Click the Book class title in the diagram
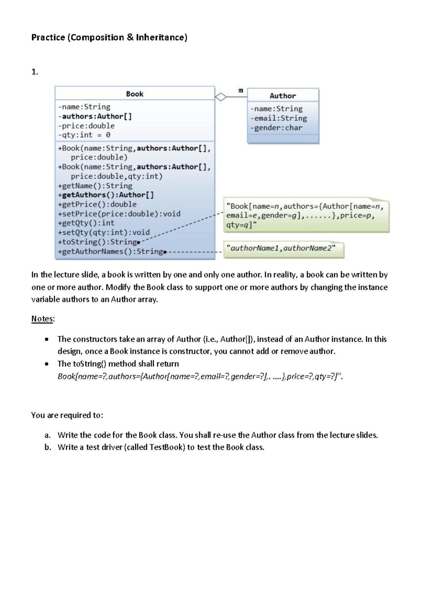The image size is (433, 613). coord(135,94)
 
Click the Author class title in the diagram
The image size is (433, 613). coord(283,96)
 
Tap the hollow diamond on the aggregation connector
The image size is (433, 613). coord(221,97)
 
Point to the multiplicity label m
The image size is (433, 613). coord(241,90)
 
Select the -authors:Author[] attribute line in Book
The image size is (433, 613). coord(95,116)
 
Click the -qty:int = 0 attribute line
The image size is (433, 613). coord(84,135)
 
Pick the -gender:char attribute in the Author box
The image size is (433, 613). coord(276,128)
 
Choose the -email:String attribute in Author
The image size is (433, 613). coord(279,118)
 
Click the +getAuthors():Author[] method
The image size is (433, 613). coord(106,195)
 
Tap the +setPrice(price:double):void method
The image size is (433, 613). coord(119,214)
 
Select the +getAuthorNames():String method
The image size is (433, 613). coord(110,251)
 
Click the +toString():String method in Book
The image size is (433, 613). coord(97,242)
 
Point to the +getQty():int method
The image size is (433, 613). coord(86,223)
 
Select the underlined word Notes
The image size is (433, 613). coord(42,319)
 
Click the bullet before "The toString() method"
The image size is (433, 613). coord(47,364)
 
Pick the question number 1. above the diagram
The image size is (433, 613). coord(35,72)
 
